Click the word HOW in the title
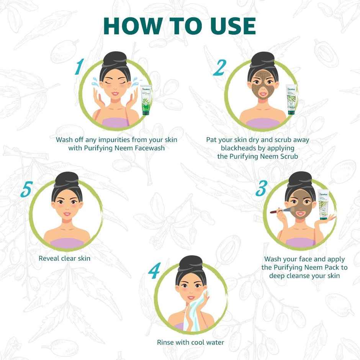point(128,26)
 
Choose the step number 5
point(26,190)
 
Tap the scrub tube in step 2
point(291,100)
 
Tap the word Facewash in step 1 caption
point(147,148)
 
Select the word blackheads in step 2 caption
point(238,148)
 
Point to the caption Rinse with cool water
point(190,342)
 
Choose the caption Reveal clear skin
point(64,258)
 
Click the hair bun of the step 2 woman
point(263,59)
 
